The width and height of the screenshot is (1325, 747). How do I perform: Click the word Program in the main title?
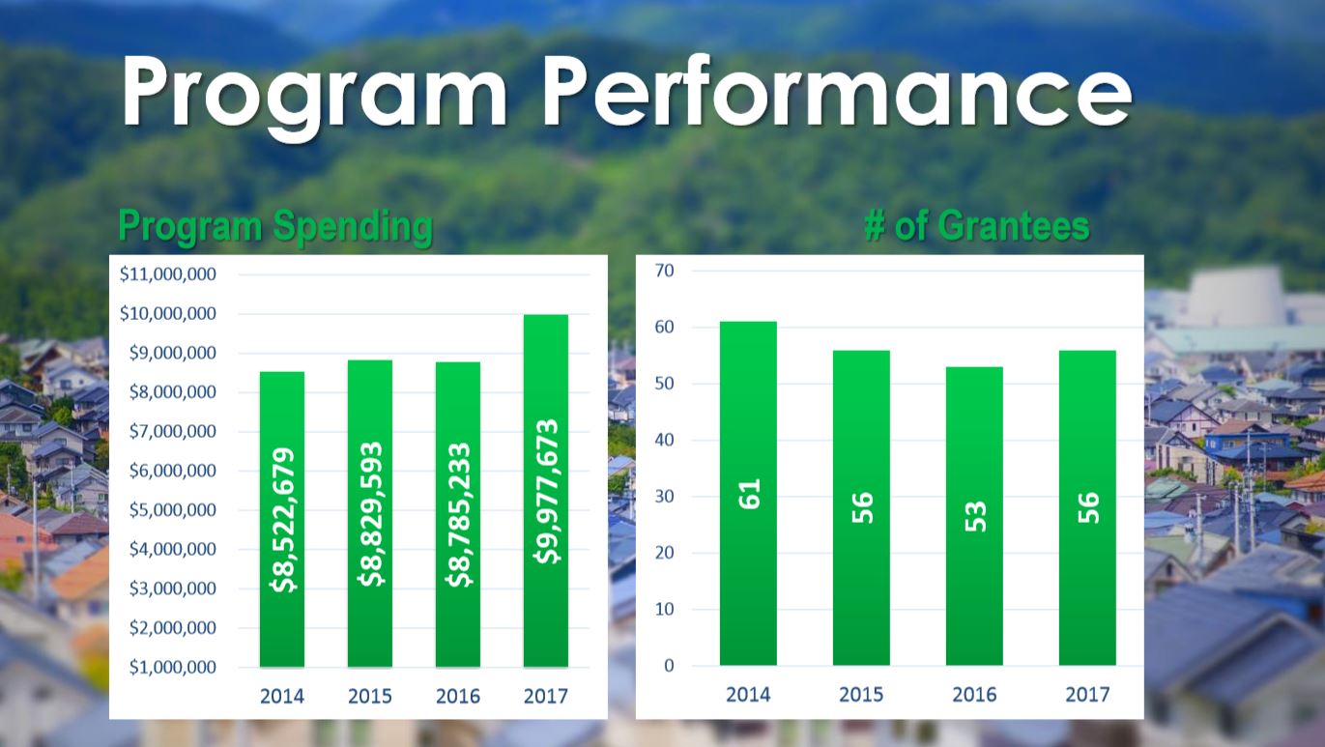pos(314,92)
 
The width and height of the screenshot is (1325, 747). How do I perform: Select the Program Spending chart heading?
pos(275,227)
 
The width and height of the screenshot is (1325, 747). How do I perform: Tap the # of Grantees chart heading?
pos(976,227)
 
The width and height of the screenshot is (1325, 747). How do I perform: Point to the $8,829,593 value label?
pos(370,514)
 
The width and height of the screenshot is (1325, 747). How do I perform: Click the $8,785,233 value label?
pos(458,515)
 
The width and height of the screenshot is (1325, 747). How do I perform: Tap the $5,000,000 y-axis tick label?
pos(171,510)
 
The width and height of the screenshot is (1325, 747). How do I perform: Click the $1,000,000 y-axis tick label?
pos(171,668)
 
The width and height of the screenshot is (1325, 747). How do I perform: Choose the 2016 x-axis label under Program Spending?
pos(458,696)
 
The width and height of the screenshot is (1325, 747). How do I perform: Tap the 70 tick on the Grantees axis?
pos(664,271)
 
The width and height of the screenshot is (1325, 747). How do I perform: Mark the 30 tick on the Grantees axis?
pos(664,497)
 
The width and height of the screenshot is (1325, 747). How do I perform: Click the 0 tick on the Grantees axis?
pos(668,666)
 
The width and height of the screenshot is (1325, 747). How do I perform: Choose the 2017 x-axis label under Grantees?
pos(1087,695)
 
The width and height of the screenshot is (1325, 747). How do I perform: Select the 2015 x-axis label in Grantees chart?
pos(861,695)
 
